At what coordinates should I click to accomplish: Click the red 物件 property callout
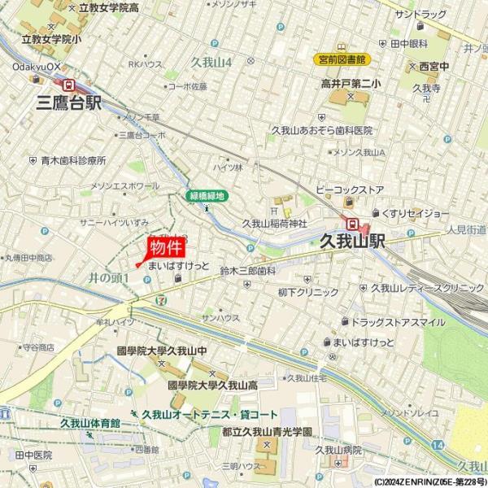point(164,247)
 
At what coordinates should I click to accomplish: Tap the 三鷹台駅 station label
point(70,102)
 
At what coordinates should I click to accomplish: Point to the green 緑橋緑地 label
point(207,196)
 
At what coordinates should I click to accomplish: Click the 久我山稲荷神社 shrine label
point(274,223)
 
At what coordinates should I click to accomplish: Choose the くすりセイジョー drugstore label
point(416,213)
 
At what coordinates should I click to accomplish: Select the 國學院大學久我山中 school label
point(163,351)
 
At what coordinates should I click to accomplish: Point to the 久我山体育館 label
point(89,423)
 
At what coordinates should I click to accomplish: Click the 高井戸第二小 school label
point(351,83)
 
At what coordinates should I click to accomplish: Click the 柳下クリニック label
point(307,292)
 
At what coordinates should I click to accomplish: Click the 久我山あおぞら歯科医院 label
point(321,130)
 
